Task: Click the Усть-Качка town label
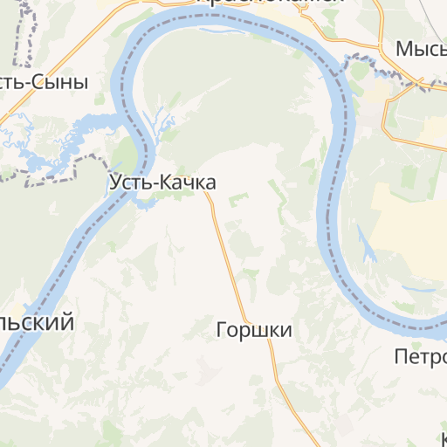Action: click(162, 182)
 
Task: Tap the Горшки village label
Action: click(253, 330)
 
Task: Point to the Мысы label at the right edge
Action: click(421, 49)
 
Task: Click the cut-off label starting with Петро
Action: click(420, 355)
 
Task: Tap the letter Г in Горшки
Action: click(221, 330)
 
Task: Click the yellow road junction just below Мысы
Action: click(421, 88)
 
